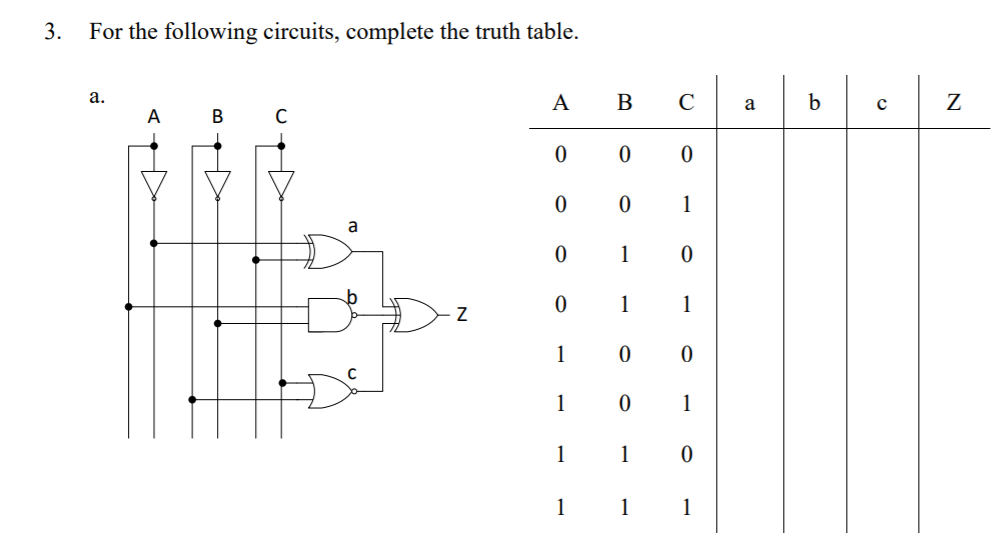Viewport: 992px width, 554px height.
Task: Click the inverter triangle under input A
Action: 153,183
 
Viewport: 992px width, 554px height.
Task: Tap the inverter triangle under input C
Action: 282,183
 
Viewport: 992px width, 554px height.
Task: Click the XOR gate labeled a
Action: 331,251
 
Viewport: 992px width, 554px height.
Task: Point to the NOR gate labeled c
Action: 331,391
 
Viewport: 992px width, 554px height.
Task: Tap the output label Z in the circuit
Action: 461,316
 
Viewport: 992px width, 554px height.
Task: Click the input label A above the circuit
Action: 153,116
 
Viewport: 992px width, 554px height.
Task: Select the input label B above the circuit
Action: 218,116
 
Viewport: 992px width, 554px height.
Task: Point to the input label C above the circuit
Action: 282,116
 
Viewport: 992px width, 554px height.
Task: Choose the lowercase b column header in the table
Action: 814,102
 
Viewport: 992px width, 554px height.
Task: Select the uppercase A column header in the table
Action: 561,103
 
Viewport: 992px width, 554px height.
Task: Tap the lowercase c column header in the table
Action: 881,104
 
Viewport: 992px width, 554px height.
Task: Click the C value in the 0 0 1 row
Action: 686,205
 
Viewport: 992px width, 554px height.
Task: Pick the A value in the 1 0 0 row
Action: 561,355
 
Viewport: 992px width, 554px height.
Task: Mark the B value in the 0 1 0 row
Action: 624,255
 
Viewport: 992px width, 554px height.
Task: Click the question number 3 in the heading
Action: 52,31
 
